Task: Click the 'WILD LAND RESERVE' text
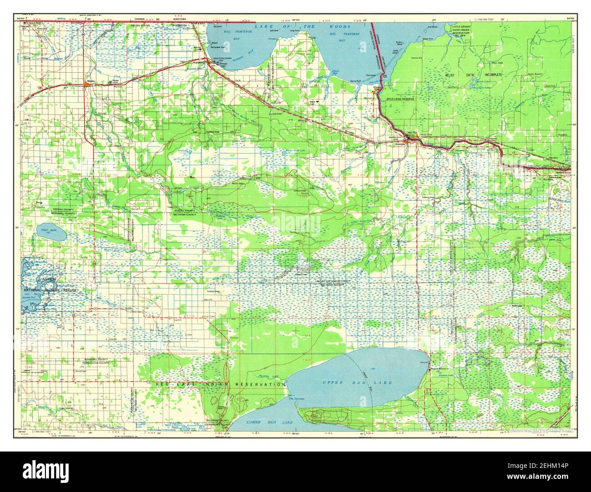(400, 98)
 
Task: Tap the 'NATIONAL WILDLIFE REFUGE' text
(51, 290)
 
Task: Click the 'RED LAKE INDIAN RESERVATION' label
(220, 385)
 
